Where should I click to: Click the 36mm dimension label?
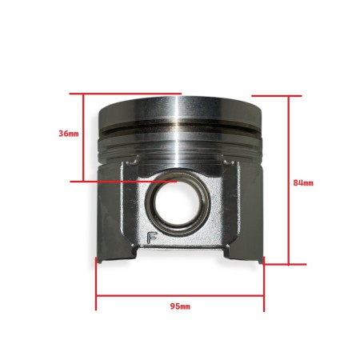pos(69,133)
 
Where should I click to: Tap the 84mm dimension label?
pos(303,183)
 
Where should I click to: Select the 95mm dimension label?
pos(180,306)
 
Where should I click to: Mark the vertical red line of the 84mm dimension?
pos(287,179)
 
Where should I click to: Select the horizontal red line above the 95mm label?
pos(180,295)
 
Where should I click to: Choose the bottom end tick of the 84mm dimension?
pos(283,262)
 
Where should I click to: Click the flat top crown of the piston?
pos(180,102)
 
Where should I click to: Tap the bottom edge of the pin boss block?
pos(180,247)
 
